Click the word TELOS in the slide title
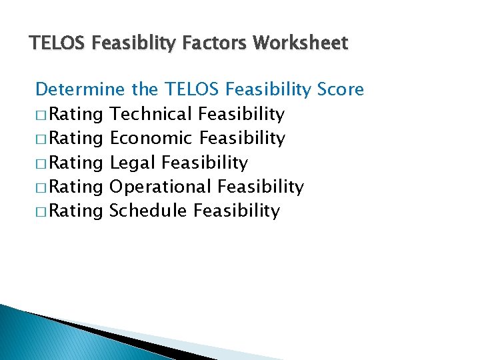tap(54, 44)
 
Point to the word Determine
tap(80, 89)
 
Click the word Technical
tap(151, 114)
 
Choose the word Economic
tap(151, 138)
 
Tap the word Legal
tap(133, 163)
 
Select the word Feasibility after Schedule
tap(237, 211)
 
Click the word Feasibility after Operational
tap(261, 187)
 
